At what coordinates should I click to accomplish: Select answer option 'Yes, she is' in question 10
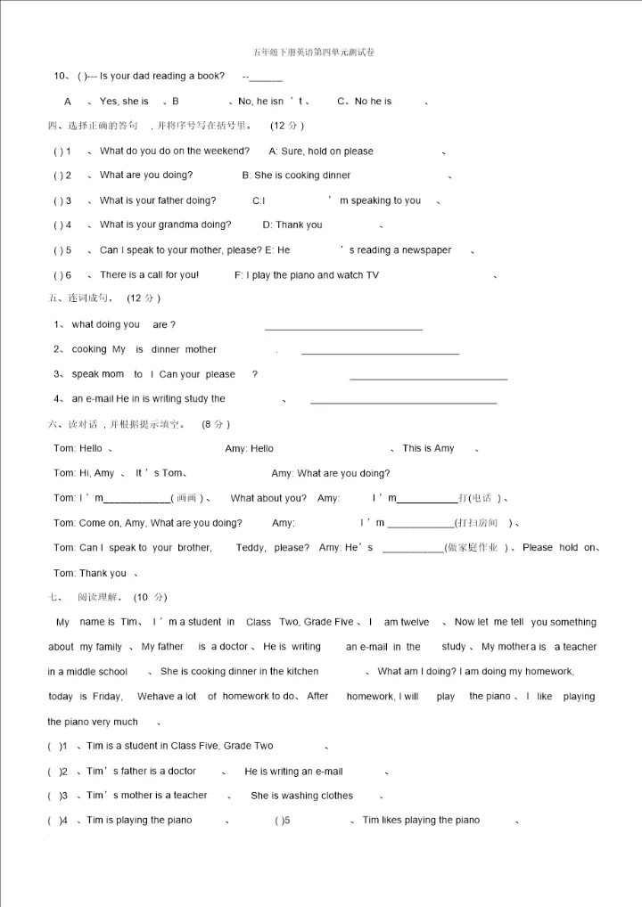click(x=124, y=102)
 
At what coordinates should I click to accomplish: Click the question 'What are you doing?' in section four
click(x=146, y=176)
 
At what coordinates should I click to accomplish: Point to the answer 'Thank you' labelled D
click(x=292, y=225)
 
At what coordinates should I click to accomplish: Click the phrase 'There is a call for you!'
click(x=149, y=275)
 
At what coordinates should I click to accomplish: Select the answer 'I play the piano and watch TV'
click(x=307, y=275)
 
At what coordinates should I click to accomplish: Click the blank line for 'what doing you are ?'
click(x=343, y=330)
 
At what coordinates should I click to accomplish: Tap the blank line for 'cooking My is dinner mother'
click(x=380, y=355)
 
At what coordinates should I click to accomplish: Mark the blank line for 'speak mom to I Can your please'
click(x=428, y=380)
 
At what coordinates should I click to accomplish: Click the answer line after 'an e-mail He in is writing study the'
click(x=403, y=404)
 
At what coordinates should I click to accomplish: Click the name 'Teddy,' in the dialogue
click(x=251, y=548)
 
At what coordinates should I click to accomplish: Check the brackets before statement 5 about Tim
click(x=283, y=821)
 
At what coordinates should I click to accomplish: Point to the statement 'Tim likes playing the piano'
click(x=421, y=821)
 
